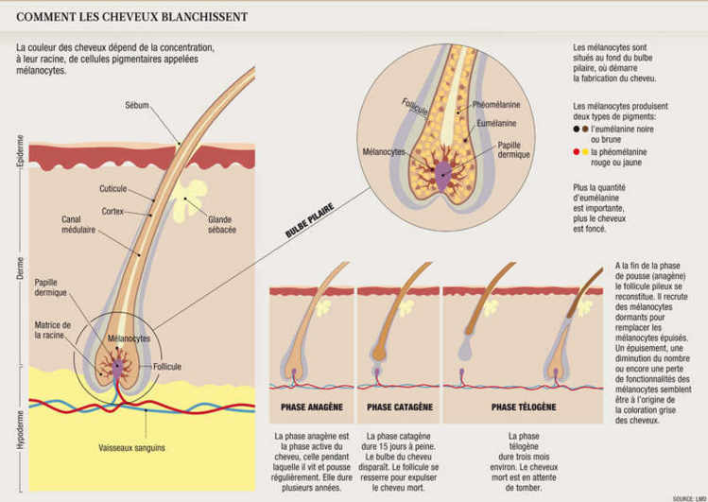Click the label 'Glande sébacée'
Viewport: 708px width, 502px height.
[221, 224]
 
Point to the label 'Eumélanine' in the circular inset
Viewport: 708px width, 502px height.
[495, 124]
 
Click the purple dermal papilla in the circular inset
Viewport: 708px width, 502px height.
[443, 171]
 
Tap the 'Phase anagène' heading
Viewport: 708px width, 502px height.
[311, 407]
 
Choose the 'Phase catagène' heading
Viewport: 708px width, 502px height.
[399, 407]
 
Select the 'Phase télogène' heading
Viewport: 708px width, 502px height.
[523, 407]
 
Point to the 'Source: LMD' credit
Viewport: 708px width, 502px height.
[686, 496]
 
